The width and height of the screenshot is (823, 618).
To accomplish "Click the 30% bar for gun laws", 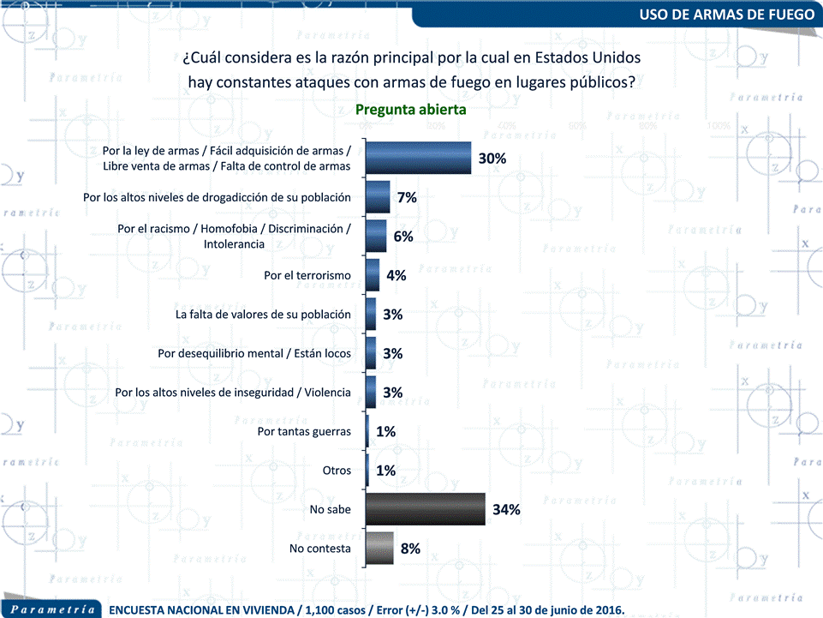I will click(x=418, y=159).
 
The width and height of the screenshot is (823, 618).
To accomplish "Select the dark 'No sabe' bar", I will click(x=425, y=509).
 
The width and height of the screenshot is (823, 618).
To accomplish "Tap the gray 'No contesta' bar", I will click(x=379, y=549).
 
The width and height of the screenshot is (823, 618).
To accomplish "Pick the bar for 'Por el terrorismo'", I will click(x=373, y=275).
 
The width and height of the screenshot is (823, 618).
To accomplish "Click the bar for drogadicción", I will click(x=378, y=197).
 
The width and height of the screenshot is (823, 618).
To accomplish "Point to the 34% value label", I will click(x=507, y=510).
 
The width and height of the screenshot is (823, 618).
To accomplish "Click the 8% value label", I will click(x=410, y=549).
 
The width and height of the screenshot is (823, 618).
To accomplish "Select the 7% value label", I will click(x=407, y=197).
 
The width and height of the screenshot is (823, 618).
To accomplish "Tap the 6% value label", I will click(x=403, y=237).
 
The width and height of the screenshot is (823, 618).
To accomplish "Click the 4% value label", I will click(x=396, y=275).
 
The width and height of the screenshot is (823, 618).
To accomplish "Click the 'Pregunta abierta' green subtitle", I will click(x=411, y=110).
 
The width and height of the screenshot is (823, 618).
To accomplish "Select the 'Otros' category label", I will click(x=337, y=471).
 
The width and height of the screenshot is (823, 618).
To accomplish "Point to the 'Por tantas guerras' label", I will click(x=304, y=431).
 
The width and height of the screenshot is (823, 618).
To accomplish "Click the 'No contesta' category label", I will click(x=320, y=549).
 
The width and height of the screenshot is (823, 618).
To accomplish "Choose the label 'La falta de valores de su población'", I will click(x=263, y=315).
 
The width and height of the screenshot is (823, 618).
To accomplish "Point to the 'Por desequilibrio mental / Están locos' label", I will click(x=254, y=353).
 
